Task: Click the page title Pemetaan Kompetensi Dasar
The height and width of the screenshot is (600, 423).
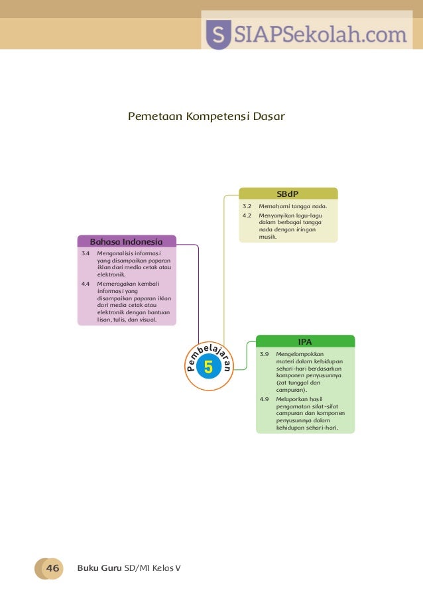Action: coord(206,117)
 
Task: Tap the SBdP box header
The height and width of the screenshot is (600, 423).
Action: coord(288,193)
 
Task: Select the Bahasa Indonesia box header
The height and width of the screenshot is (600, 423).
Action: coord(127,241)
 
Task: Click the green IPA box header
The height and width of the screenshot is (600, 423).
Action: coord(305,341)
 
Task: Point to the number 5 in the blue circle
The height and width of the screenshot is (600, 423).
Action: coord(208,367)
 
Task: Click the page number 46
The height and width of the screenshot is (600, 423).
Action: coord(52,568)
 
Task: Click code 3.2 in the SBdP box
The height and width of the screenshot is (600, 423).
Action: coord(247,207)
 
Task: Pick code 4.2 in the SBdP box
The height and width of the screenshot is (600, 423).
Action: coord(247,215)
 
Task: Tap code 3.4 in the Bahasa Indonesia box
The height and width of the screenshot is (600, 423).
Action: coord(85,253)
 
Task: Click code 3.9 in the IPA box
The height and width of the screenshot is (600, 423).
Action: coord(264,354)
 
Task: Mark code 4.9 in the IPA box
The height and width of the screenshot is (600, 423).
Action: coord(264,400)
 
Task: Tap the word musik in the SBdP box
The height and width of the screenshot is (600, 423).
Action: coord(267,236)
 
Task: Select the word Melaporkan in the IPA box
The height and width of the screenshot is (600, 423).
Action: coord(292,400)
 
